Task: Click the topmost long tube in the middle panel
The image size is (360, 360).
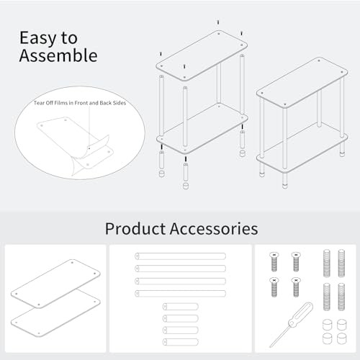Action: tap(180, 256)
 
